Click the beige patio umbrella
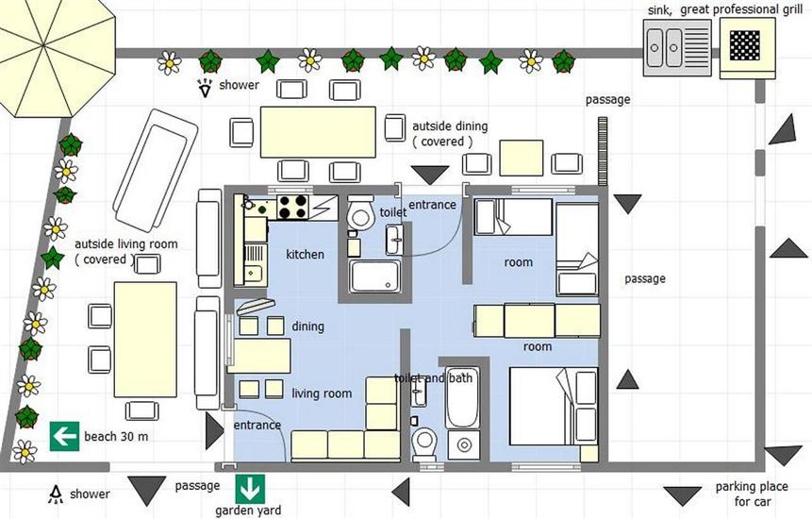[52, 52]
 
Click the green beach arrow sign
[64, 436]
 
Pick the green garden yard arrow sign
[250, 489]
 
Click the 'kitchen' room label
[305, 255]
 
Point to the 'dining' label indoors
[307, 326]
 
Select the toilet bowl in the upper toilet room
[360, 216]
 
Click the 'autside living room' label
[125, 251]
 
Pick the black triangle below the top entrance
[433, 175]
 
